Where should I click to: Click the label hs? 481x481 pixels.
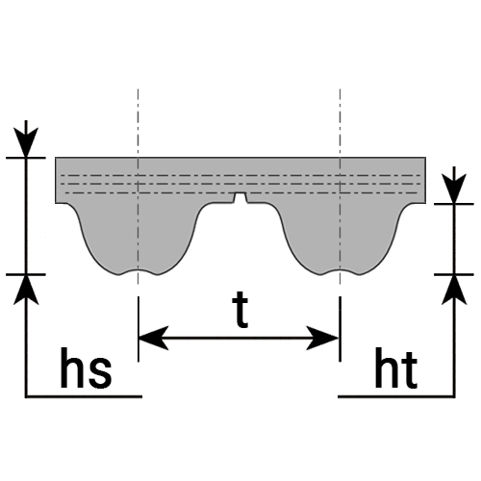(86, 368)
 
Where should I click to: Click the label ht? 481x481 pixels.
(396, 368)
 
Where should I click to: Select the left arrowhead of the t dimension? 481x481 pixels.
(153, 338)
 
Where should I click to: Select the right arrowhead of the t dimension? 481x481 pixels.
(323, 338)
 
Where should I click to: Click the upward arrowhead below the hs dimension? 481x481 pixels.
(26, 290)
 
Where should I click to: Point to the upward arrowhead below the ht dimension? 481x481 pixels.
(454, 290)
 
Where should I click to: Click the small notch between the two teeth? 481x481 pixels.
(240, 198)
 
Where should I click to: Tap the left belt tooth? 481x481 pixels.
(139, 238)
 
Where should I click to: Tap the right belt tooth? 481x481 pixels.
(340, 238)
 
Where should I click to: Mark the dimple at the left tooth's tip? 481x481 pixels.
(139, 271)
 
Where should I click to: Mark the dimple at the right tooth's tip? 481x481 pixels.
(340, 271)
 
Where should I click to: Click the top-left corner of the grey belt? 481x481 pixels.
(56, 158)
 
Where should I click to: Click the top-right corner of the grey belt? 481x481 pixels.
(426, 158)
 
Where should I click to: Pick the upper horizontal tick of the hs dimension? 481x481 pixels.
(26, 158)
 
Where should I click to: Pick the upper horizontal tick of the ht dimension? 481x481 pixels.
(454, 204)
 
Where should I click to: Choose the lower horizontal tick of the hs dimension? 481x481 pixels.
(26, 275)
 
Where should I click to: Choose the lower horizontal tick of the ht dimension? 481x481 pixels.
(454, 275)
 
